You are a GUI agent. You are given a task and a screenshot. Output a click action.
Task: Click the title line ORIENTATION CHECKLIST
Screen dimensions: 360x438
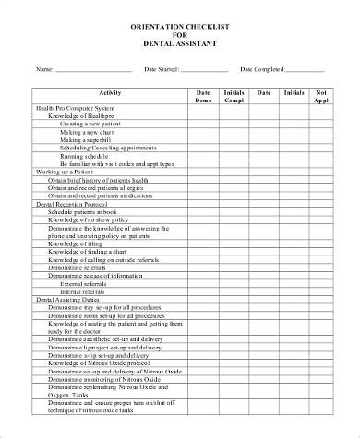point(180,28)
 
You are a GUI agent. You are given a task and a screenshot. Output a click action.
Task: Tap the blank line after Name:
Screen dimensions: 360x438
point(93,69)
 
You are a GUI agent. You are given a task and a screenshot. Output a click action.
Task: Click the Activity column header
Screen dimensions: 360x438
point(109,93)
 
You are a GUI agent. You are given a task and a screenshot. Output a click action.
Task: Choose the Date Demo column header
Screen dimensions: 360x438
point(203,97)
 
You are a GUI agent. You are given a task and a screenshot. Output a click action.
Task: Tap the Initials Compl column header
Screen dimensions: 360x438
point(233,97)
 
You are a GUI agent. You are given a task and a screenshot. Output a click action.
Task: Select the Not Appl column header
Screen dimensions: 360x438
point(321,97)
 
